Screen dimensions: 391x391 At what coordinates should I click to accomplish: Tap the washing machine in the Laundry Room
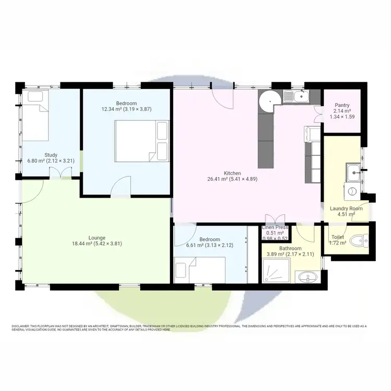coord(352,191)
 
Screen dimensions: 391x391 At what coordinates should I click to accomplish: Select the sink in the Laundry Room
coord(353,170)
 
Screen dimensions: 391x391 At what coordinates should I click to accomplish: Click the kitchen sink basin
coord(300,95)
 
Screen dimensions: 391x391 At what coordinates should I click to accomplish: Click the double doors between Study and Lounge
coord(66,175)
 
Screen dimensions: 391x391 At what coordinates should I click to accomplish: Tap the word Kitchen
coord(233,173)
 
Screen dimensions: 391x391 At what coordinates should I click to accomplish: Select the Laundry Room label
coord(342,209)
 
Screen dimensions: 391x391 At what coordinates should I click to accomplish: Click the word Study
coord(51,154)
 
